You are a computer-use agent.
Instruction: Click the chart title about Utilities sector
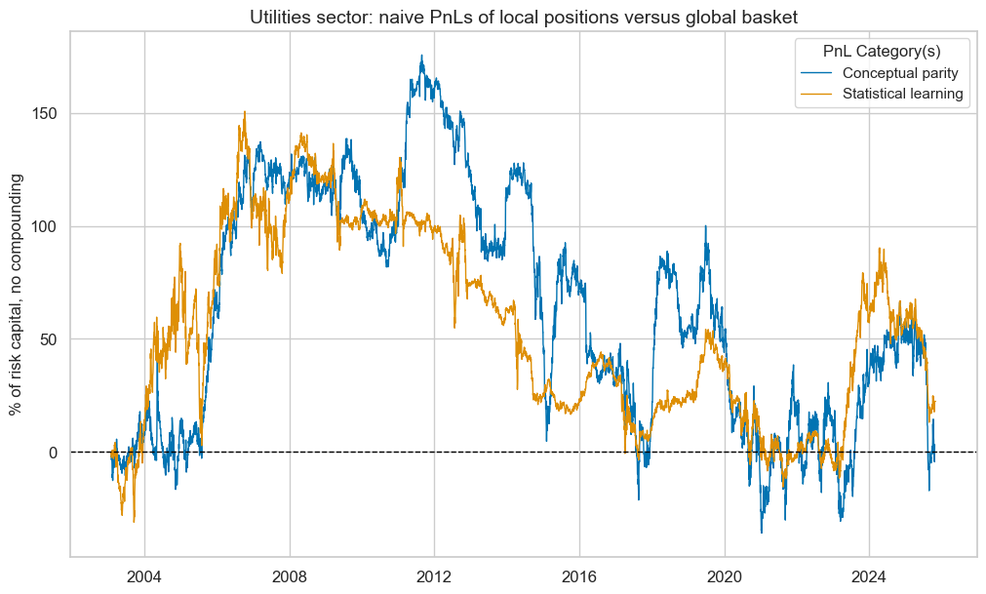(522, 16)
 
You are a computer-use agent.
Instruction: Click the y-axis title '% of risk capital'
(18, 294)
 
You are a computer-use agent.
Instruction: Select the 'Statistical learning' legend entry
(889, 94)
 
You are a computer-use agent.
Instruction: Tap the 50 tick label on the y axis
(49, 339)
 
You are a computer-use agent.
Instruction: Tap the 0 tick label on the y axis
(53, 453)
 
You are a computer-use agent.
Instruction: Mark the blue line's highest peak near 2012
(421, 56)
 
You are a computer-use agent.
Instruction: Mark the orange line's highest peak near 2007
(244, 111)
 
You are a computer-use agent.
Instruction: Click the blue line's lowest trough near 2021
(762, 533)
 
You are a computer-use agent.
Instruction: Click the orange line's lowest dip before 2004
(134, 521)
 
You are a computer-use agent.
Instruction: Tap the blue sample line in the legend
(818, 73)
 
